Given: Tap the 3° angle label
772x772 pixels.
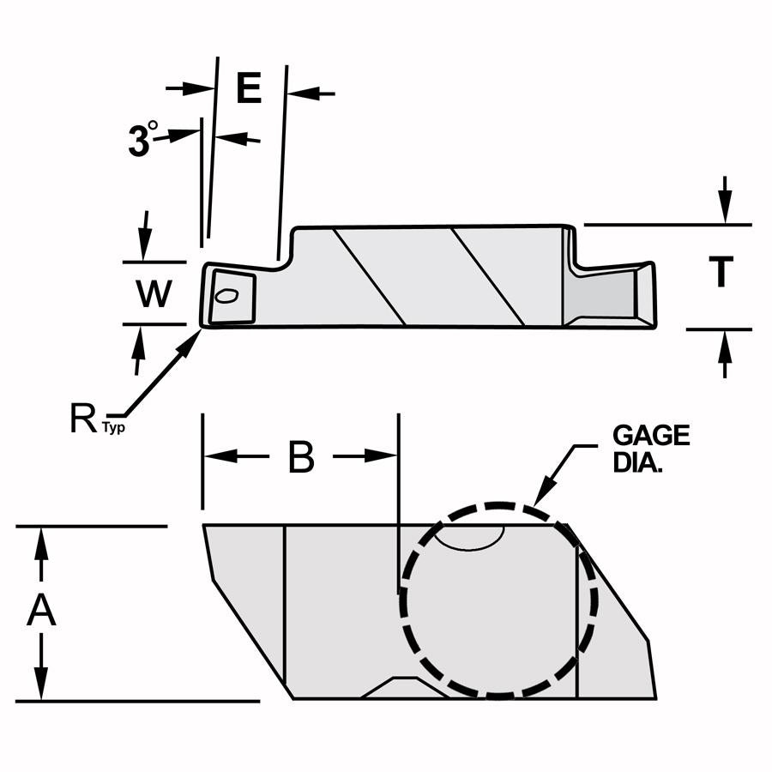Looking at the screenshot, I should (142, 139).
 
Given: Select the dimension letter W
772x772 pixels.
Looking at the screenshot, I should (154, 294).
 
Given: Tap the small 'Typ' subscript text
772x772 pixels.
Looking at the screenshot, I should (114, 426).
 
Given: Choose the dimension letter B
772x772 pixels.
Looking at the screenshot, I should (300, 457).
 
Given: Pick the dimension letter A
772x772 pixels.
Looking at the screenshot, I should (40, 612).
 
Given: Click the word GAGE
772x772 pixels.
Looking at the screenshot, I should (650, 436).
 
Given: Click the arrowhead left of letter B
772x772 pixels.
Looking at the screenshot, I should (214, 456).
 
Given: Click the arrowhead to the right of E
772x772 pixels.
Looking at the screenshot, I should (299, 93).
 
